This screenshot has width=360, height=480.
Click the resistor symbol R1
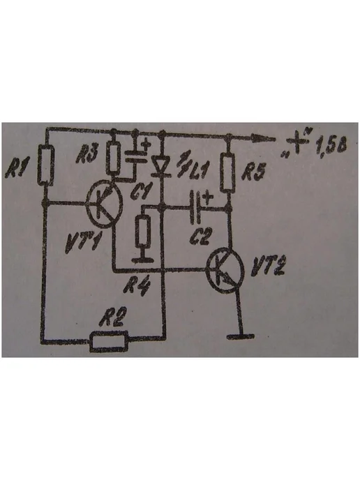point(46,165)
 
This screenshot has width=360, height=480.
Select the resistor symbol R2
point(109,340)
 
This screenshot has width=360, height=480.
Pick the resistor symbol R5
point(227,172)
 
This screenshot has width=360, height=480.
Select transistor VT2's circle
point(225,271)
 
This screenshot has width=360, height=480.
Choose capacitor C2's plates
point(195,207)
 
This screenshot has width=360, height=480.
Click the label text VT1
point(83,243)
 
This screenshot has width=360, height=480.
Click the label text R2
point(112,317)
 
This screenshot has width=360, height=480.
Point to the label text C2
point(200,236)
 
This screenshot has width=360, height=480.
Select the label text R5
point(253,172)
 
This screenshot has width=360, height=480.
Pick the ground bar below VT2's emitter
point(241,337)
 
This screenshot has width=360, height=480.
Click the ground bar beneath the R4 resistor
point(143,260)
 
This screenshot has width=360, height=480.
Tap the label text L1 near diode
point(199,170)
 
